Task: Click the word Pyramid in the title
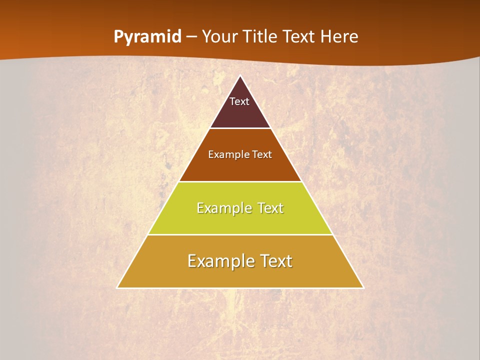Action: tap(147, 37)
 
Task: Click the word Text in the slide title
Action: tap(301, 36)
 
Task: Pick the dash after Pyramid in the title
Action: tap(191, 37)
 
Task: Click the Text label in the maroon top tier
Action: tap(239, 101)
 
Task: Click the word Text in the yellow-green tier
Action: tap(270, 208)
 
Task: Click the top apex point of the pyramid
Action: tap(240, 76)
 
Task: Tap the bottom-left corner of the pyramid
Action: tap(117, 287)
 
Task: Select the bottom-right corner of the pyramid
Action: tap(363, 287)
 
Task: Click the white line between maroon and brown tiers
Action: tap(240, 128)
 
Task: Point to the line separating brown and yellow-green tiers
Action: tap(240, 181)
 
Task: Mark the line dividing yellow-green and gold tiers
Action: tap(240, 234)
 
